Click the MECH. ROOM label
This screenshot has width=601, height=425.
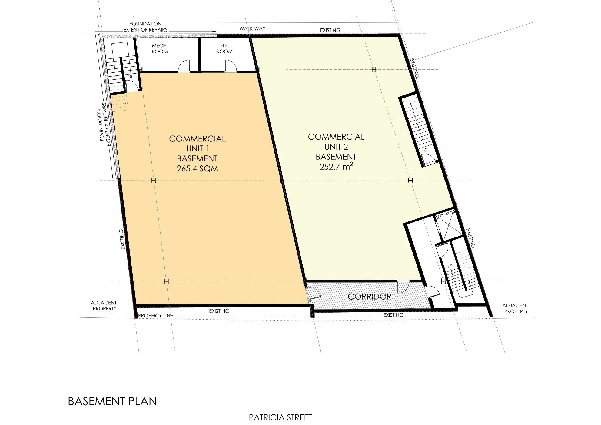160,48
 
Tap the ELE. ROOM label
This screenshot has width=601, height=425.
224,48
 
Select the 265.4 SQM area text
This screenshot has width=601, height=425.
197,168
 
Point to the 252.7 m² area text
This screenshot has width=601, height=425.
336,167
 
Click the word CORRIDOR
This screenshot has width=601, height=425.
369,297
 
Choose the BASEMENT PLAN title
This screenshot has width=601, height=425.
112,401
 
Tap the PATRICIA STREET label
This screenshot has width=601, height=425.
280,417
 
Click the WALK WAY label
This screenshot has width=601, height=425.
252,28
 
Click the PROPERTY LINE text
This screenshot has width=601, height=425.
155,316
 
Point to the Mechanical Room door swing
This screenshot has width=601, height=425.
184,66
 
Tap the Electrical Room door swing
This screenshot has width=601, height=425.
230,66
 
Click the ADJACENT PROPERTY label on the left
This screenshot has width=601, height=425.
104,306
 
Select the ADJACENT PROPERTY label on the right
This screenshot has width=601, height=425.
515,308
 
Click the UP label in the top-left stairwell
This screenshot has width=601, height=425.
131,76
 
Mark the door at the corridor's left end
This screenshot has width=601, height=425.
313,294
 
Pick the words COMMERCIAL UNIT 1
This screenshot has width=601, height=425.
197,144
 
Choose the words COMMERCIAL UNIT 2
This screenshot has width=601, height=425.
336,142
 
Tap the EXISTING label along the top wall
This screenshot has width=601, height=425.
330,30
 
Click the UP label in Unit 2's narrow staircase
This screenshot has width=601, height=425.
426,150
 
